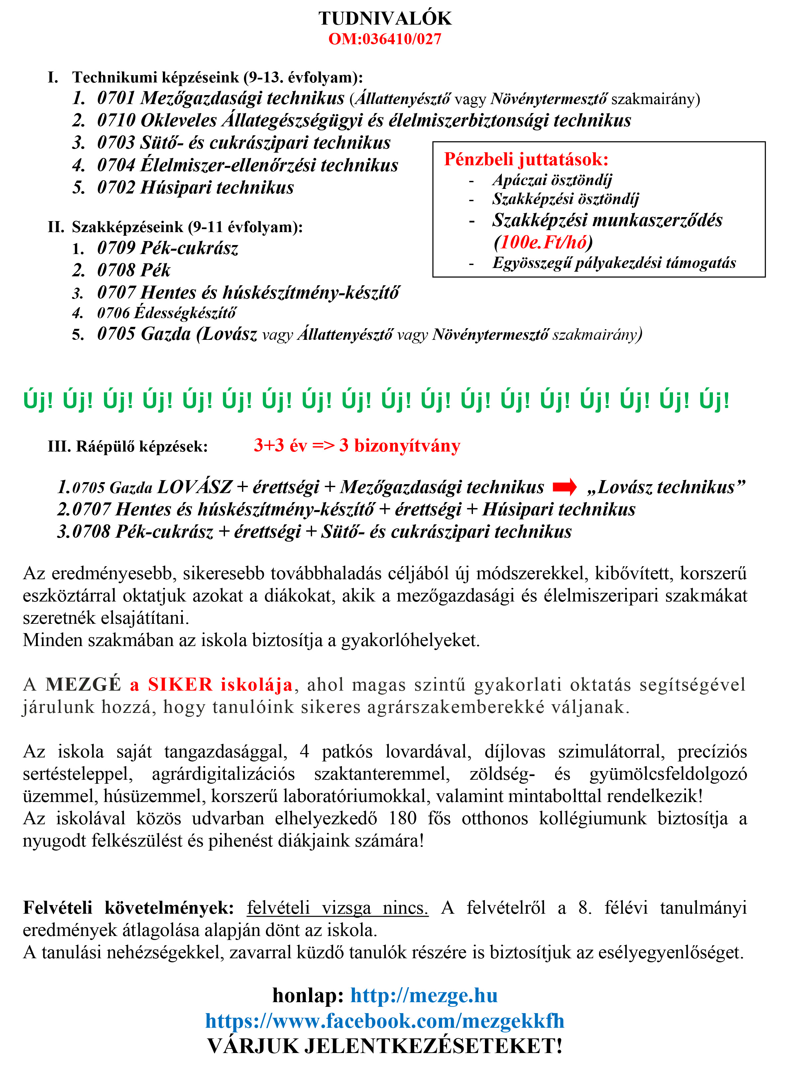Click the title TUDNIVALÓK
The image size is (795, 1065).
pyautogui.click(x=385, y=19)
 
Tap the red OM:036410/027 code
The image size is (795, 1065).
pyautogui.click(x=385, y=39)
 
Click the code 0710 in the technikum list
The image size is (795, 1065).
pyautogui.click(x=116, y=120)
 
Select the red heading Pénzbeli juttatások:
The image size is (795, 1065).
pyautogui.click(x=526, y=159)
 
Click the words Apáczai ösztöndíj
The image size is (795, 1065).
pyautogui.click(x=552, y=180)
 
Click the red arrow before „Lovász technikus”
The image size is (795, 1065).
pyautogui.click(x=564, y=487)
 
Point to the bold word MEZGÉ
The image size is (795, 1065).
pyautogui.click(x=83, y=684)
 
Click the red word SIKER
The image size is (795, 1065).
pyautogui.click(x=180, y=684)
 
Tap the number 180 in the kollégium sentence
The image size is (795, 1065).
pyautogui.click(x=402, y=818)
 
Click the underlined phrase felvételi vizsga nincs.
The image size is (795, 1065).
pyautogui.click(x=337, y=908)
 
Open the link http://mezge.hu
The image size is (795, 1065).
pyautogui.click(x=423, y=995)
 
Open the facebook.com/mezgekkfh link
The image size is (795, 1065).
pyautogui.click(x=385, y=1021)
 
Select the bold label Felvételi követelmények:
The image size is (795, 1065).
pyautogui.click(x=129, y=908)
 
